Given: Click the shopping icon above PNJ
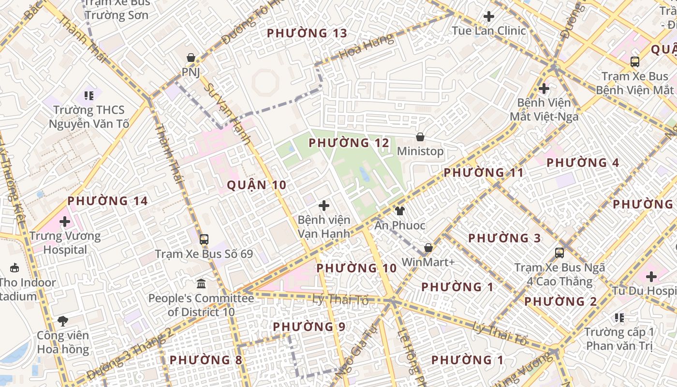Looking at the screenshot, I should pyautogui.click(x=191, y=58).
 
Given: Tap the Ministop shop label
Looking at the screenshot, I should pyautogui.click(x=420, y=151).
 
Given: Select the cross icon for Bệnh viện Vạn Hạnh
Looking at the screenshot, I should pyautogui.click(x=324, y=206).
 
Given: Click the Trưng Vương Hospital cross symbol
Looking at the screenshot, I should pyautogui.click(x=65, y=222).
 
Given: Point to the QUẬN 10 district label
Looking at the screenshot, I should pyautogui.click(x=256, y=185).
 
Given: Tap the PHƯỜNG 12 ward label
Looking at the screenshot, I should pyautogui.click(x=349, y=143).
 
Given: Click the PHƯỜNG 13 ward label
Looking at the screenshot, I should pyautogui.click(x=307, y=33).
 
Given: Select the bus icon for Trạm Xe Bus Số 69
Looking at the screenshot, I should pyautogui.click(x=204, y=239).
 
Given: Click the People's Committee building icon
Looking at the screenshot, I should pyautogui.click(x=201, y=283).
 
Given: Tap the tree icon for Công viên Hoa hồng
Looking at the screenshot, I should pyautogui.click(x=63, y=320).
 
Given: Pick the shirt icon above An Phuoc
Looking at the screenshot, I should pyautogui.click(x=400, y=210).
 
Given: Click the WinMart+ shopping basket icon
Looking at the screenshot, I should pyautogui.click(x=428, y=248).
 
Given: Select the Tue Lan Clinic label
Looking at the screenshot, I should pyautogui.click(x=488, y=30).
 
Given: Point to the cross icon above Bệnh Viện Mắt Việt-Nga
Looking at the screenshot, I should pyautogui.click(x=544, y=89).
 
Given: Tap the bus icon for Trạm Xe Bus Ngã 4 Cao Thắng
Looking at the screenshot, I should pyautogui.click(x=559, y=253).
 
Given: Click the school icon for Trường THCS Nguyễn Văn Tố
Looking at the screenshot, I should pyautogui.click(x=88, y=95).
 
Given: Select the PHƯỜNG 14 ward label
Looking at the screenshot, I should pyautogui.click(x=107, y=201).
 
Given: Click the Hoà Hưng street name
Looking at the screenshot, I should pyautogui.click(x=366, y=47).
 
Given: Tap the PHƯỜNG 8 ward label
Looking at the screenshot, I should pyautogui.click(x=206, y=360).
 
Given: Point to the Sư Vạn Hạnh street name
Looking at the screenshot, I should pyautogui.click(x=227, y=114).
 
